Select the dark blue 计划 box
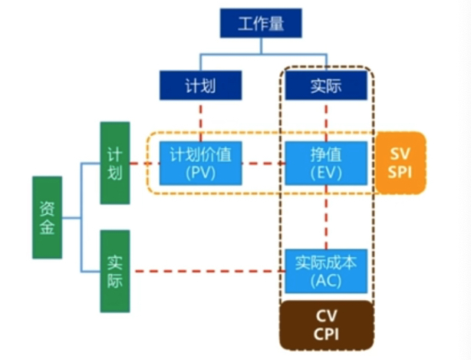[201, 85]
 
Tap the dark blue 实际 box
[327, 85]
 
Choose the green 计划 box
[114, 163]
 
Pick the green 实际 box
[114, 271]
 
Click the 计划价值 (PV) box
[201, 163]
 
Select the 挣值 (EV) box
[327, 163]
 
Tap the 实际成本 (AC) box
[327, 271]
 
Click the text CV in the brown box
[327, 315]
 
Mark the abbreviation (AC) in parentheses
[327, 280]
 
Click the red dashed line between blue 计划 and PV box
[201, 120]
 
